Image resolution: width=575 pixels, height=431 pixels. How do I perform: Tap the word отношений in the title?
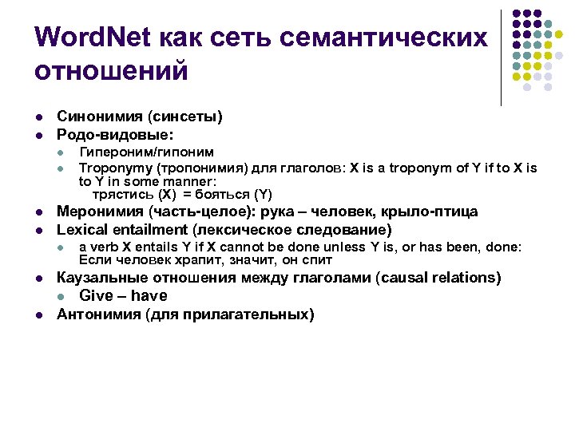(111, 71)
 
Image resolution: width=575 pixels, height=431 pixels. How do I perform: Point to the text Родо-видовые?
(116, 134)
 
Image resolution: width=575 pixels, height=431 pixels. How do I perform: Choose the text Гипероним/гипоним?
(146, 152)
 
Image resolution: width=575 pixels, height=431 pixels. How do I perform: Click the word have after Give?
(149, 296)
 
